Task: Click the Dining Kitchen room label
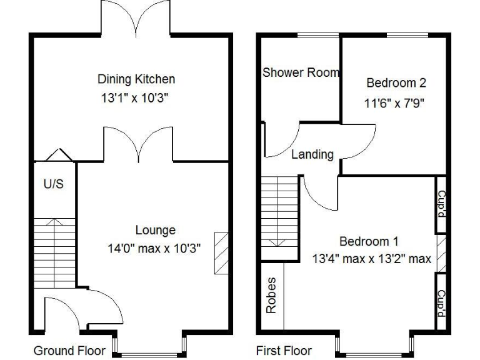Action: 136,79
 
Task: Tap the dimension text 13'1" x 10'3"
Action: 136,97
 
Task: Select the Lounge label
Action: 155,231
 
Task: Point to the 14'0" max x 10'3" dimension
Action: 154,248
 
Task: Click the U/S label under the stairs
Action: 53,185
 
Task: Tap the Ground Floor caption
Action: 69,351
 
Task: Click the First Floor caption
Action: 284,351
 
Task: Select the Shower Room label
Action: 301,72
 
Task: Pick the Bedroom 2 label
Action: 396,82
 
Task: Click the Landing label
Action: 312,154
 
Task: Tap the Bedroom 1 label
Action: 369,241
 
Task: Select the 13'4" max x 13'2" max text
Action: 371,259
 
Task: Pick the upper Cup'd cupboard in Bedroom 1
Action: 441,204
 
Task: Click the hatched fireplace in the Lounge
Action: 221,252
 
